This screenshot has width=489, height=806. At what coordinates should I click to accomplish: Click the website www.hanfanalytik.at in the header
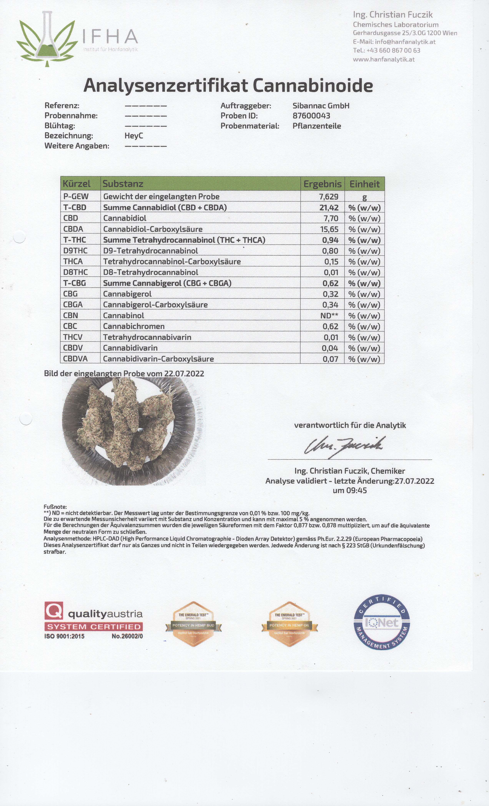384,59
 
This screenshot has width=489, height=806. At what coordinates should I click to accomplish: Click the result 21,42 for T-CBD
329,207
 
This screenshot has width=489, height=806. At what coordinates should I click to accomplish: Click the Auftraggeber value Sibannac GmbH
321,106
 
